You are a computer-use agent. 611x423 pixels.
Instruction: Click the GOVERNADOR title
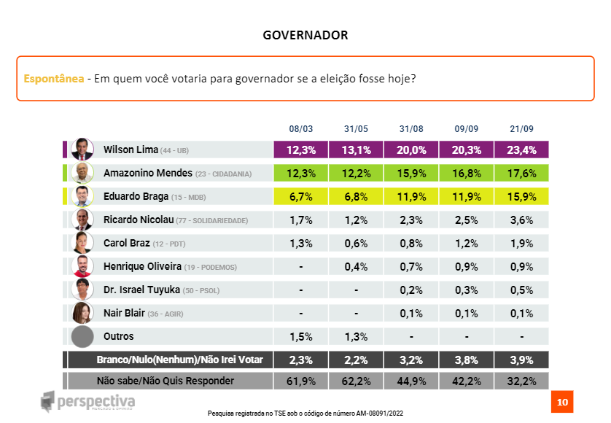tap(305, 35)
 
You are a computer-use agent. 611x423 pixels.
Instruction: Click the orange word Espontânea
tap(53, 78)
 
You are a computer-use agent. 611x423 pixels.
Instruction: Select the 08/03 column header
tap(300, 129)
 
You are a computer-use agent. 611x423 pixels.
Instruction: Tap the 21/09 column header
tap(522, 129)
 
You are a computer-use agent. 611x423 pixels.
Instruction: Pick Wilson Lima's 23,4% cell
tap(522, 150)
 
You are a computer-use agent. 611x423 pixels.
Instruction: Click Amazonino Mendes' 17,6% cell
tap(522, 174)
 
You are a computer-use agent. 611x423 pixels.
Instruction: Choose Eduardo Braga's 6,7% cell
tap(300, 197)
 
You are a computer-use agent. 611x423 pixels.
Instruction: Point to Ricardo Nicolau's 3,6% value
tap(522, 220)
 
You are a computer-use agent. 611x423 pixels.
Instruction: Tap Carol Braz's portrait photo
tap(82, 243)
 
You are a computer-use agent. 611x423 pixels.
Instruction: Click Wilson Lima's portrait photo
tap(82, 150)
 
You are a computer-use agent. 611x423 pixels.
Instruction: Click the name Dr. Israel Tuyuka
tap(141, 290)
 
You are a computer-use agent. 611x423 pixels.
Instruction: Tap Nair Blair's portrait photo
tap(82, 313)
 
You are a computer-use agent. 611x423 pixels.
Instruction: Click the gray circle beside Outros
tap(82, 336)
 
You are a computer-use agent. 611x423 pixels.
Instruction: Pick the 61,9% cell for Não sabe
tap(300, 381)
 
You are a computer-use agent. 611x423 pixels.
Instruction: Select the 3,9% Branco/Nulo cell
tap(522, 360)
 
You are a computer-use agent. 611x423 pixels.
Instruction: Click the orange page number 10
tap(562, 402)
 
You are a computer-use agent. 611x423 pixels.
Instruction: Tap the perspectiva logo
tap(87, 402)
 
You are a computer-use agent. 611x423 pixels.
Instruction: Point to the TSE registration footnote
tap(305, 414)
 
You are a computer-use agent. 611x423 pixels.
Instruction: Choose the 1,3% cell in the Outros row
tap(356, 337)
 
